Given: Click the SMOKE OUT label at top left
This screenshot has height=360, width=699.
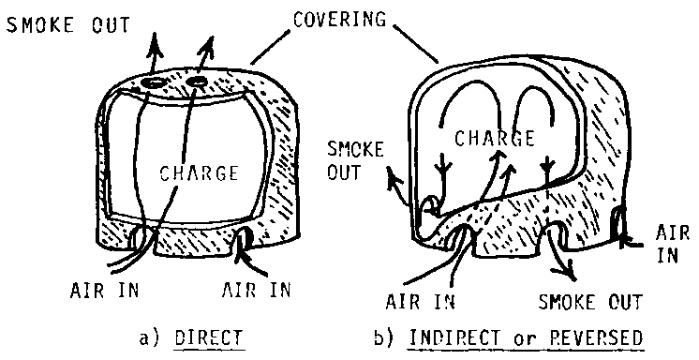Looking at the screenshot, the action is (x=68, y=25).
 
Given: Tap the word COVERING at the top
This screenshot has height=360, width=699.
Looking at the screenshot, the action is (x=339, y=19).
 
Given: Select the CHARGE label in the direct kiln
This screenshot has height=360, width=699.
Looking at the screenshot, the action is (x=199, y=173).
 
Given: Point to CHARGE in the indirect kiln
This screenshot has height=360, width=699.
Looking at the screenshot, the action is (x=495, y=138).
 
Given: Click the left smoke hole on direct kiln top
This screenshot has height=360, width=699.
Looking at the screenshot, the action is (x=155, y=83).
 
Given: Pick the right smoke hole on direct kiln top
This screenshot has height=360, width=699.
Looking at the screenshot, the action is (x=197, y=82).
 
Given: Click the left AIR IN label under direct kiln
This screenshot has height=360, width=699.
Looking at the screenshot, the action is (x=105, y=291).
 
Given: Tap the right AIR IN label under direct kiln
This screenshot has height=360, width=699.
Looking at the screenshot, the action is (x=256, y=290).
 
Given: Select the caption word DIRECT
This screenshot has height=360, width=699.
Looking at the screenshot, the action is (x=209, y=338).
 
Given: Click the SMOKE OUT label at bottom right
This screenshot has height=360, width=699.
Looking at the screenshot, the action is (x=590, y=302).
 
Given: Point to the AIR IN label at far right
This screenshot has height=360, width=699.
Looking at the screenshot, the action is (x=672, y=244).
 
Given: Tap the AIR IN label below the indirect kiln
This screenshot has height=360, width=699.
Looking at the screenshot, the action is (x=420, y=302).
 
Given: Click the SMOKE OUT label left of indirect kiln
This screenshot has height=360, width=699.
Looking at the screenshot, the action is (x=355, y=160).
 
